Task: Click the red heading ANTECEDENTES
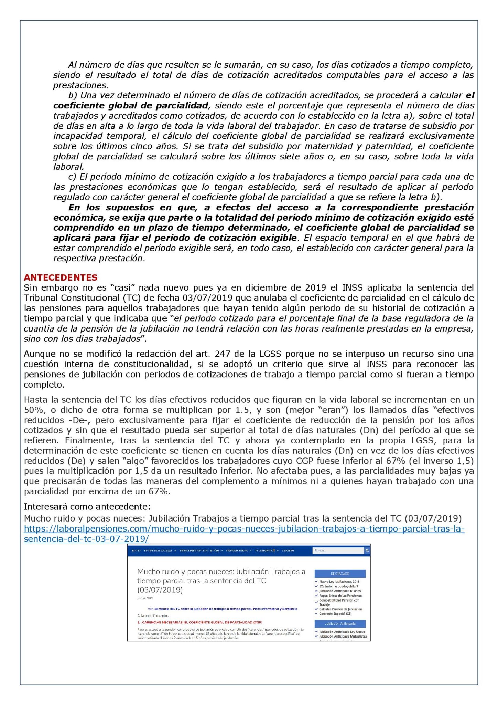pyautogui.click(x=61, y=277)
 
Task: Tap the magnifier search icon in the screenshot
pyautogui.click(x=367, y=551)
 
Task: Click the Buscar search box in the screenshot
pyautogui.click(x=338, y=551)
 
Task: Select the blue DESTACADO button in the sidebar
pyautogui.click(x=340, y=574)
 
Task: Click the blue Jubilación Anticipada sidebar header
pyautogui.click(x=340, y=624)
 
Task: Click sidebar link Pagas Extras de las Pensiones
pyautogui.click(x=340, y=596)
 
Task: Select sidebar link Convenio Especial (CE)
pyautogui.click(x=335, y=614)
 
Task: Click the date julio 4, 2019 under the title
pyautogui.click(x=145, y=598)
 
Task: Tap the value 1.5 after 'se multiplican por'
pyautogui.click(x=242, y=410)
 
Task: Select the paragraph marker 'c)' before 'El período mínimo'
pyautogui.click(x=72, y=177)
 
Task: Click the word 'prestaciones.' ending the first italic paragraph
pyautogui.click(x=80, y=85)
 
